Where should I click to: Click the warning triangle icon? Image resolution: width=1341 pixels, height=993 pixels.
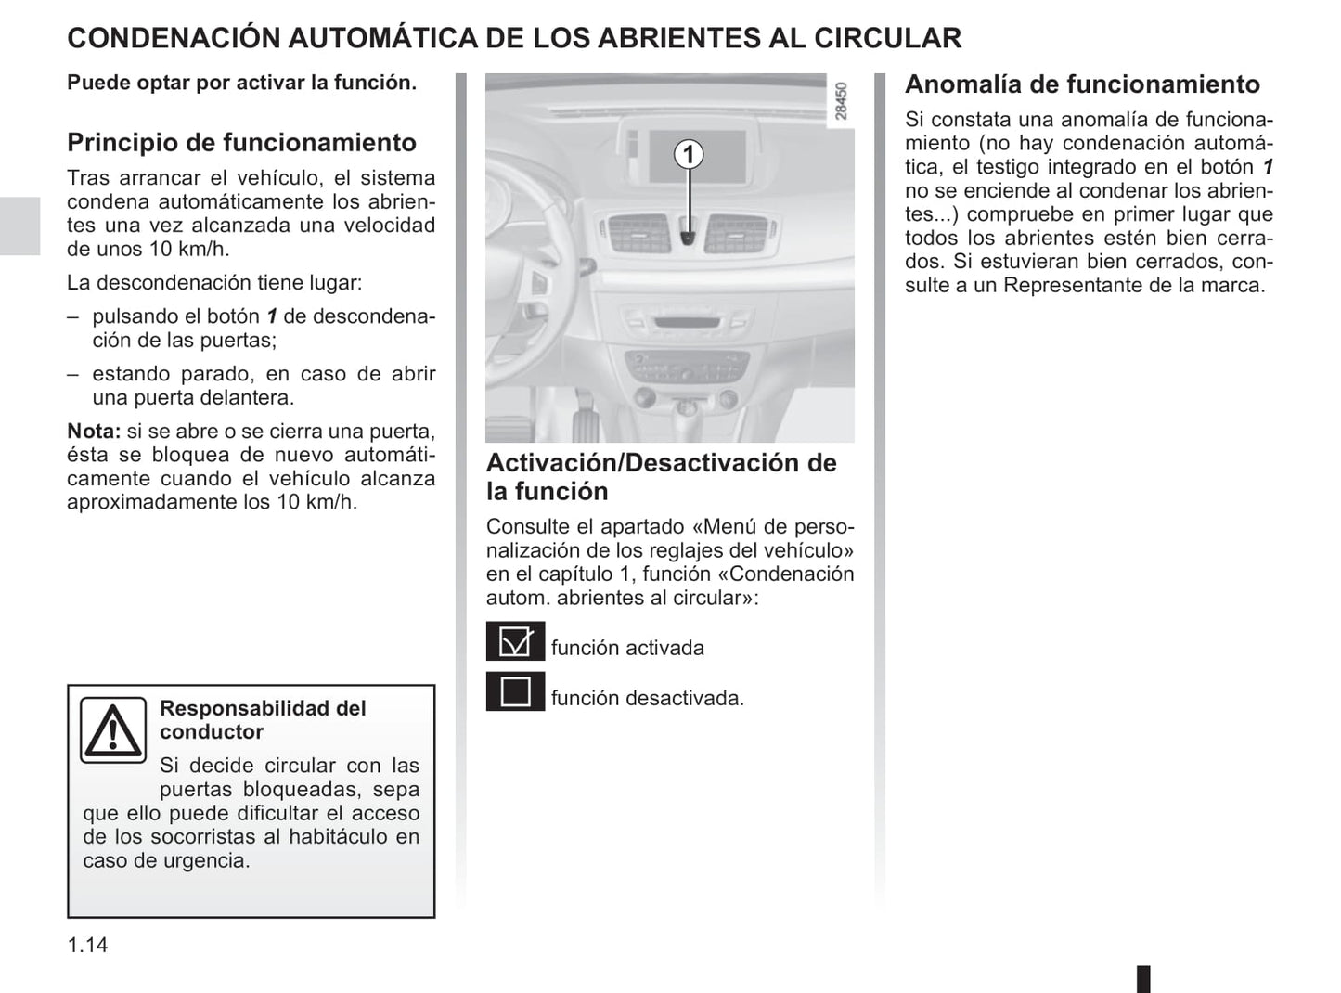point(112,730)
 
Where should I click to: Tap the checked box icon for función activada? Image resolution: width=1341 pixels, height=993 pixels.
point(515,642)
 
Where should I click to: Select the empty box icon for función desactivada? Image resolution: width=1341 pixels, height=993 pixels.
point(515,692)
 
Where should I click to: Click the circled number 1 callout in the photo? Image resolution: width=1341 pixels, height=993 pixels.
point(689,153)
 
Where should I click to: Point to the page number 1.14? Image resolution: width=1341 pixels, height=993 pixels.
point(87,945)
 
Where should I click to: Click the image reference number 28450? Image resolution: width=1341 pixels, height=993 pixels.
point(841,102)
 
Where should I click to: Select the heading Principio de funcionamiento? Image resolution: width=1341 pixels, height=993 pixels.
point(241,143)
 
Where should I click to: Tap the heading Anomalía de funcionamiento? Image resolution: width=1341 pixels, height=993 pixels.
point(1082,84)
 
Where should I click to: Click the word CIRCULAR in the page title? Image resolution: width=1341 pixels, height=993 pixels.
point(887,38)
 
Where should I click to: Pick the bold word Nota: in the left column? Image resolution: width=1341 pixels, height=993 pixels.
point(94,432)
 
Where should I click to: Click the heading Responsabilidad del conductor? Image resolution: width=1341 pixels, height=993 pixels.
point(263,720)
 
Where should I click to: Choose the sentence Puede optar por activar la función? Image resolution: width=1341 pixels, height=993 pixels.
point(241,83)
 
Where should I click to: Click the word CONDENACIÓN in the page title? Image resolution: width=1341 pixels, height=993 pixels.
point(174,38)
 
